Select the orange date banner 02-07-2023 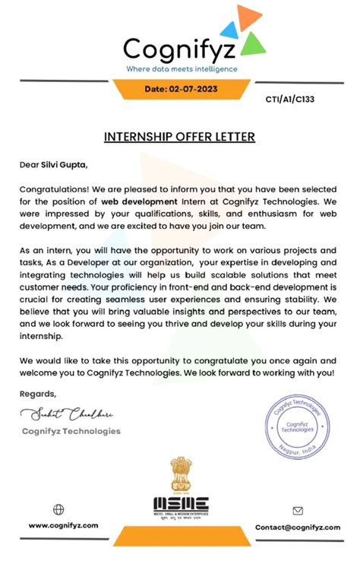click(180, 89)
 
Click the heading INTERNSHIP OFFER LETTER click(179, 138)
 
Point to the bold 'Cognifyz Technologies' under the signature click(70, 431)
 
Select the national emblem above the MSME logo click(180, 475)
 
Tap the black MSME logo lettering click(180, 503)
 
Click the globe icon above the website click(58, 509)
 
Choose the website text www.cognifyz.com click(64, 526)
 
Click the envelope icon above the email click(298, 511)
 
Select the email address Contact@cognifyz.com click(297, 527)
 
